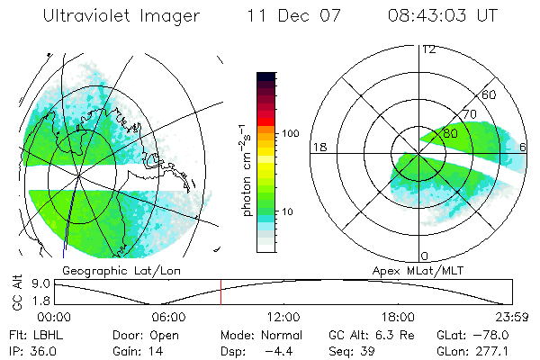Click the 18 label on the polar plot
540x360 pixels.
pyautogui.click(x=319, y=147)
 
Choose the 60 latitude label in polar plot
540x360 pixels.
pyautogui.click(x=490, y=94)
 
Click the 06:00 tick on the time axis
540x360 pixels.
pyautogui.click(x=169, y=317)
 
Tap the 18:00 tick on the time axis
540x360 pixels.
pyautogui.click(x=398, y=317)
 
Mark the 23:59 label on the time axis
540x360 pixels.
pyautogui.click(x=512, y=317)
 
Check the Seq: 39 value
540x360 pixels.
pyautogui.click(x=352, y=350)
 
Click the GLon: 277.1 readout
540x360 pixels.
pyautogui.click(x=480, y=350)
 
